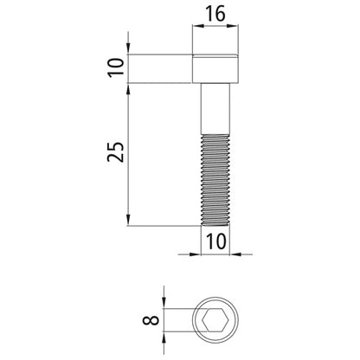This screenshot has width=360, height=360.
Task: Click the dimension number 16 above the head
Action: pos(215,14)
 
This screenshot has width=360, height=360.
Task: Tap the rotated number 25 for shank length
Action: pos(116,151)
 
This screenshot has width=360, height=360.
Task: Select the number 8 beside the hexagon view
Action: pos(151,320)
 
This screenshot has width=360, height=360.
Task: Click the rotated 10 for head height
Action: pos(116,67)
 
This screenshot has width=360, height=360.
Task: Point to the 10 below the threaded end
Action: pos(215,241)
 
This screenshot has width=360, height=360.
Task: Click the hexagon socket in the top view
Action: pos(215,320)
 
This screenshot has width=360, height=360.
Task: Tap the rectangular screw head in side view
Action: pos(215,68)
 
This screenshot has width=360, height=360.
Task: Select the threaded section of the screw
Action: pos(215,180)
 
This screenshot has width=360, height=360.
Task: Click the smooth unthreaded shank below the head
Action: pos(215,109)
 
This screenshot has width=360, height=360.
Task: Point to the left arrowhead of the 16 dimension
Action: pos(198,26)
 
